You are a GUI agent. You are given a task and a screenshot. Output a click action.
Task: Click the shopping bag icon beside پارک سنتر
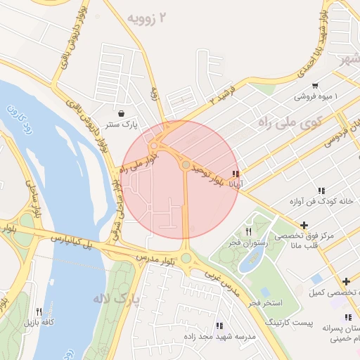[x=122, y=112]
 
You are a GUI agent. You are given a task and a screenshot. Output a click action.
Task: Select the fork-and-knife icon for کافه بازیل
[x=39, y=311]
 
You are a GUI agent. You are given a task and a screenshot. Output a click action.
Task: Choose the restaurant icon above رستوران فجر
[x=248, y=231]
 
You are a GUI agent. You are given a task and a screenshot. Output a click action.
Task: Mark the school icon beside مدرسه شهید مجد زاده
[x=219, y=326]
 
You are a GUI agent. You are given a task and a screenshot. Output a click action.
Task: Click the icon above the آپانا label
[x=236, y=174]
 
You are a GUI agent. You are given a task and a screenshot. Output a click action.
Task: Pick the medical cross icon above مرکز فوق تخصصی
[x=303, y=225]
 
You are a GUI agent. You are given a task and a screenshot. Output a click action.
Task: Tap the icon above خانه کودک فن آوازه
[x=321, y=191]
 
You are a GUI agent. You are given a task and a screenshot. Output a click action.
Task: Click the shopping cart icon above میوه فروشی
[x=314, y=85]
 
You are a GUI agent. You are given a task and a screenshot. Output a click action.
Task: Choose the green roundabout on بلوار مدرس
[x=186, y=258]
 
